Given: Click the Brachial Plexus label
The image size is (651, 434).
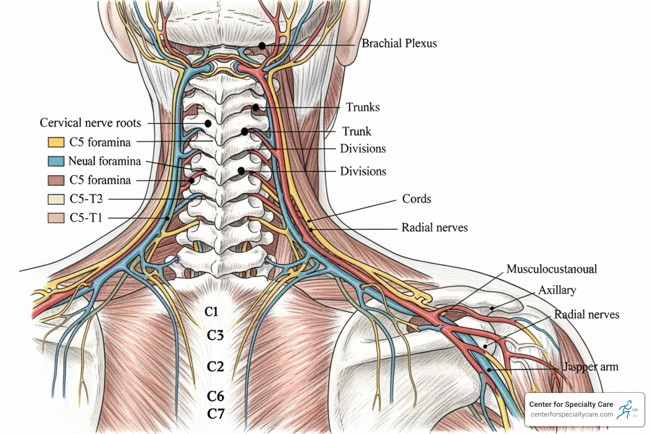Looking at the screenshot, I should click(399, 44).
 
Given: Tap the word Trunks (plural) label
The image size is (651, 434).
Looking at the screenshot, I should click(363, 107).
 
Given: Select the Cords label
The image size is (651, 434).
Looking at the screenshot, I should click(416, 199).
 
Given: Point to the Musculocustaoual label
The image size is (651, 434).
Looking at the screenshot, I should click(551, 269).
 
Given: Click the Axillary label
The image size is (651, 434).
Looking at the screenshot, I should click(557, 290).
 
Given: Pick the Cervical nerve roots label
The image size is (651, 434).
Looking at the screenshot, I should click(90, 123).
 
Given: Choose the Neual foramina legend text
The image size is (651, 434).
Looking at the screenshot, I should click(104, 161).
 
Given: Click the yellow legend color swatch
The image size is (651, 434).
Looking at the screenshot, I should click(56, 142).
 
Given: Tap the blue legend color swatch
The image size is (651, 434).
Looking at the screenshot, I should click(56, 161).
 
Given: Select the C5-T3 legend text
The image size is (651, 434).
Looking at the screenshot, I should click(86, 199).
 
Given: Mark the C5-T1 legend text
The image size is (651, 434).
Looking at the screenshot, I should click(86, 218).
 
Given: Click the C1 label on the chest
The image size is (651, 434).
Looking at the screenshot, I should click(211, 312).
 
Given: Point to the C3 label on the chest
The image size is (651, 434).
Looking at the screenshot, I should click(215, 336).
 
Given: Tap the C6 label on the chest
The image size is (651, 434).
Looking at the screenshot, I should click(215, 396).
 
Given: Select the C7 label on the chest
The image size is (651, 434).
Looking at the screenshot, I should click(215, 414).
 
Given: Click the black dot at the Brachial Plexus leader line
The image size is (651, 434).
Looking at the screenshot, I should click(262, 46).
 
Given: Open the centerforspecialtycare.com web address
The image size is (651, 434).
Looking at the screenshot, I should click(571, 415).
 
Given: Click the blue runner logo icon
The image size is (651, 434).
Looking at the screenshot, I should click(625, 409).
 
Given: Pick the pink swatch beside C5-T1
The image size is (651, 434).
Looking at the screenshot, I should click(56, 218).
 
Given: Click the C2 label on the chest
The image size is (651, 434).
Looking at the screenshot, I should click(215, 367).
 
